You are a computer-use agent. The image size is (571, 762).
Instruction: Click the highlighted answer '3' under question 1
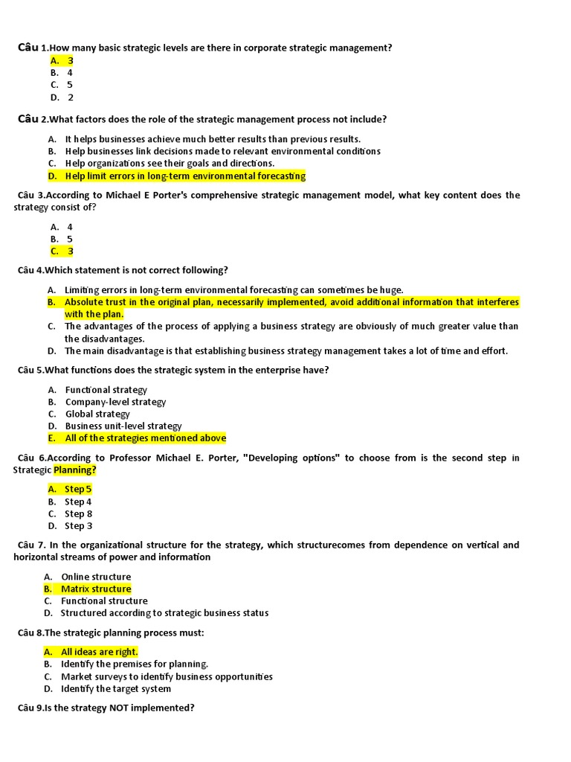point(70,60)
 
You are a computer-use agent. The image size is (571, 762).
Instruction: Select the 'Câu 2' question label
point(32,119)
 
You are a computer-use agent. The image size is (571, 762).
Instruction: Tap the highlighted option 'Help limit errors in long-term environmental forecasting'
point(185,176)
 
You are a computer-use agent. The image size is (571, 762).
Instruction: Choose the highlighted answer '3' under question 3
point(70,252)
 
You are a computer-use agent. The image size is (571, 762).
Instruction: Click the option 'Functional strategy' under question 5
point(106,390)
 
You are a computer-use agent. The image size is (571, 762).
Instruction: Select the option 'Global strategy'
point(97,414)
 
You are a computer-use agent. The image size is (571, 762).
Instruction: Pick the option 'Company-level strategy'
point(115,402)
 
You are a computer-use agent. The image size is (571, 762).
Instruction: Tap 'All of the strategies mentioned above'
point(145,438)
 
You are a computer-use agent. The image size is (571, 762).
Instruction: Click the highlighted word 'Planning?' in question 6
point(74,470)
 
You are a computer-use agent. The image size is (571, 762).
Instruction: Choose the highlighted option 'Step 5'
point(78,490)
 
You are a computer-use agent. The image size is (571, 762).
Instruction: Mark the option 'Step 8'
point(78,513)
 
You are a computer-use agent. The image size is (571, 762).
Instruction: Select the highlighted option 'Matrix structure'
point(96,589)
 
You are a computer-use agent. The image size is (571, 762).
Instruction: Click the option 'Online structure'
point(96,577)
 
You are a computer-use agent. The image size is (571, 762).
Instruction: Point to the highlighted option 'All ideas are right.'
point(100,652)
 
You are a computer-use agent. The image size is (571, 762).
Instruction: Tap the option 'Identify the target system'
point(116,688)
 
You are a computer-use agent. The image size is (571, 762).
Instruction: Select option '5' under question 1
point(70,85)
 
